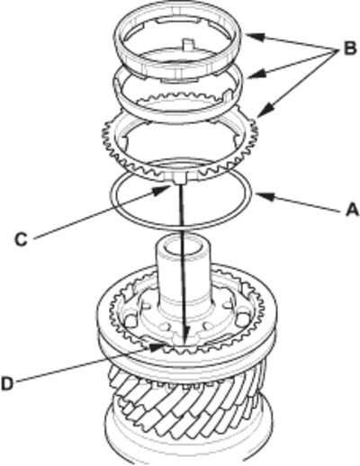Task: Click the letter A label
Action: click(x=352, y=210)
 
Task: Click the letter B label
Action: click(x=350, y=48)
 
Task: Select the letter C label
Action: click(x=22, y=239)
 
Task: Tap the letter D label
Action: click(x=7, y=383)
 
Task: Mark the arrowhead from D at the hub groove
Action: click(x=158, y=347)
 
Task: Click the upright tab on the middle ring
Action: click(x=228, y=95)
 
